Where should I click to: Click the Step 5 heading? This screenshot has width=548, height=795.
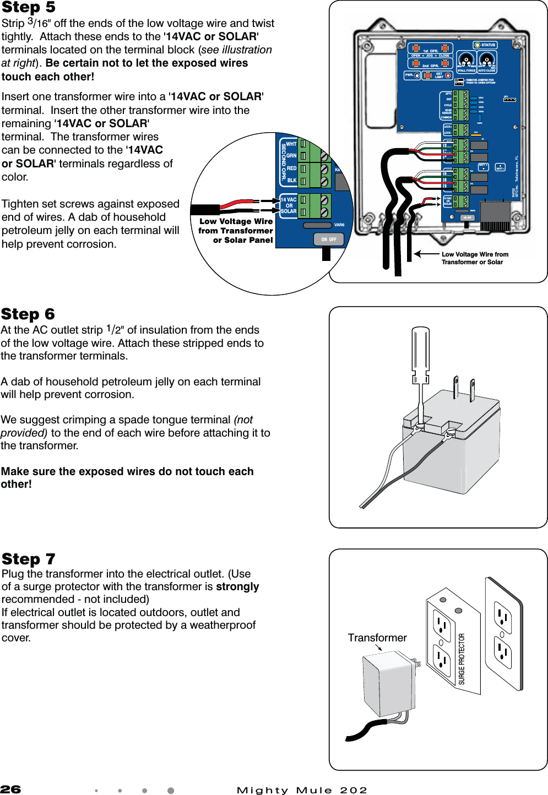(29, 8)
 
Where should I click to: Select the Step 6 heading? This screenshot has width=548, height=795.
(28, 314)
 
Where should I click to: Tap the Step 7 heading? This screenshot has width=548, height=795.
(29, 559)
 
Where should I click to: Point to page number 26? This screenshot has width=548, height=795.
(10, 789)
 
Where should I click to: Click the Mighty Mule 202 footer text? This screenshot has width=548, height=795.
(302, 791)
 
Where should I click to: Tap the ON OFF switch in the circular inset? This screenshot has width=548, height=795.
(329, 239)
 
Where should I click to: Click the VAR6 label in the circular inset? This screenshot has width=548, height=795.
(339, 225)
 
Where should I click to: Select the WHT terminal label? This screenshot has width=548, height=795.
(291, 144)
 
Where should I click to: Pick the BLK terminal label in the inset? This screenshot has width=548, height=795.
(292, 180)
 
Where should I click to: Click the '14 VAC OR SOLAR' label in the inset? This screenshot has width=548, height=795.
(289, 205)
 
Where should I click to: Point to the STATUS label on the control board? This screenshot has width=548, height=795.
(488, 45)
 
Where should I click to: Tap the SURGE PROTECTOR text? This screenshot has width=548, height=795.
(462, 658)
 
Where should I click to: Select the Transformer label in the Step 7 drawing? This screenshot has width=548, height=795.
(377, 638)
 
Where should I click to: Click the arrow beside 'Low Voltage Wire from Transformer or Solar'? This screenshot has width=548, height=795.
(425, 254)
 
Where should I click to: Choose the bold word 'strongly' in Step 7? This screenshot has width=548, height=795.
(237, 586)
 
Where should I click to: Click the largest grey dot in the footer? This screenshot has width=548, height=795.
(171, 791)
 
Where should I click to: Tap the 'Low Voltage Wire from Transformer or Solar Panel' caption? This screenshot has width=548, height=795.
(236, 231)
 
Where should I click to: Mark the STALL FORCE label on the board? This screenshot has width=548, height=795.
(466, 70)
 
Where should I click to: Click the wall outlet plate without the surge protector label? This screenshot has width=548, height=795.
(503, 633)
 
